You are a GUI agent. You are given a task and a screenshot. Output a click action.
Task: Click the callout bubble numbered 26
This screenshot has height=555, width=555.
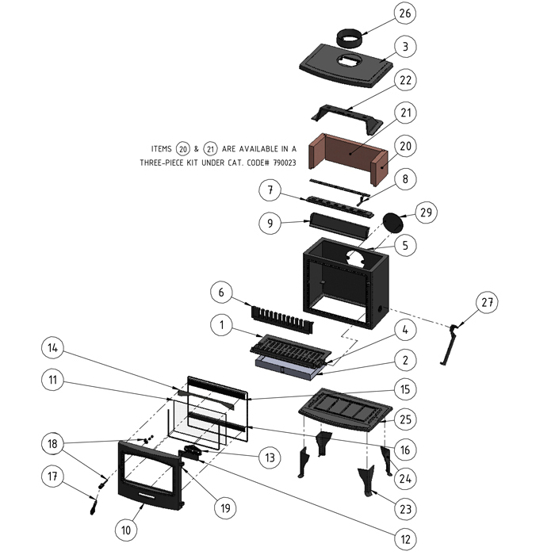405,13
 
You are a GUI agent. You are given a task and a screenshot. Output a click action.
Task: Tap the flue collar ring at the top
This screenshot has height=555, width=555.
351,36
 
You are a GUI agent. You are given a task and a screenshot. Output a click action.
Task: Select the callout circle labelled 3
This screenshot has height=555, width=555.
405,47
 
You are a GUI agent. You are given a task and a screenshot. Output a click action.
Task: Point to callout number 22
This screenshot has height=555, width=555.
405,81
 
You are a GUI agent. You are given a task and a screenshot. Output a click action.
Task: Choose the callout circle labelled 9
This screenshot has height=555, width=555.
270,224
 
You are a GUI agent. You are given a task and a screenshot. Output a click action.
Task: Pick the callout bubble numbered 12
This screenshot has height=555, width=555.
405,539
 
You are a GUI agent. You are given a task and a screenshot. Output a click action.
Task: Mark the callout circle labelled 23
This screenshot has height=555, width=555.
405,507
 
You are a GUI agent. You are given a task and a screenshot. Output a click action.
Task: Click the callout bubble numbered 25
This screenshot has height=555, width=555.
405,418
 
